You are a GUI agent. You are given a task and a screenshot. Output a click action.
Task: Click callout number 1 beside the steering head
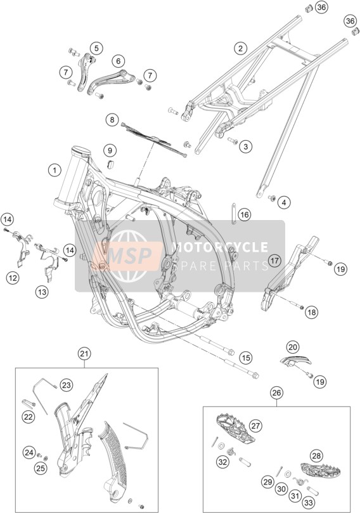[x=55, y=170]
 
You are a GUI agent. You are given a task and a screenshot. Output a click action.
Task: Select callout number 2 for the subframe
[x=240, y=49]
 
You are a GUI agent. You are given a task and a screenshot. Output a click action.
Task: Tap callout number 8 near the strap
[x=112, y=120]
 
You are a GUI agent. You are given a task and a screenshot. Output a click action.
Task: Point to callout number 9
[x=110, y=150]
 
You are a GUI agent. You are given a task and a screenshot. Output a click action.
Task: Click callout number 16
[x=244, y=215]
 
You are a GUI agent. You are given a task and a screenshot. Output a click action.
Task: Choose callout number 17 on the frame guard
[x=274, y=261]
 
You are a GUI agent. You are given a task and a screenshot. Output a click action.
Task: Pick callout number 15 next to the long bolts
[x=246, y=357]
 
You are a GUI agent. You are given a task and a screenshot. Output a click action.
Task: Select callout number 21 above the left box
[x=84, y=353]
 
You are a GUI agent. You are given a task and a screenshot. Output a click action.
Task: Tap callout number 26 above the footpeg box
[x=276, y=393]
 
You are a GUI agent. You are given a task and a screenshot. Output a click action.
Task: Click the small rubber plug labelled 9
[x=110, y=164]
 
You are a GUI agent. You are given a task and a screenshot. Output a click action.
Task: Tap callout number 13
[x=42, y=292]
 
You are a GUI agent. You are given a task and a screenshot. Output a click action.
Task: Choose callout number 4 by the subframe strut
[x=284, y=202]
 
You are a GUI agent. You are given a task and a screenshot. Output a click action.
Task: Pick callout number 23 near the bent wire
[x=67, y=385]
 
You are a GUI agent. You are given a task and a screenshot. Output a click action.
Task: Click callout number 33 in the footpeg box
[x=308, y=502]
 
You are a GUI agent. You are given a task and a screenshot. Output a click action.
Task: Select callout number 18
[x=311, y=313]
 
